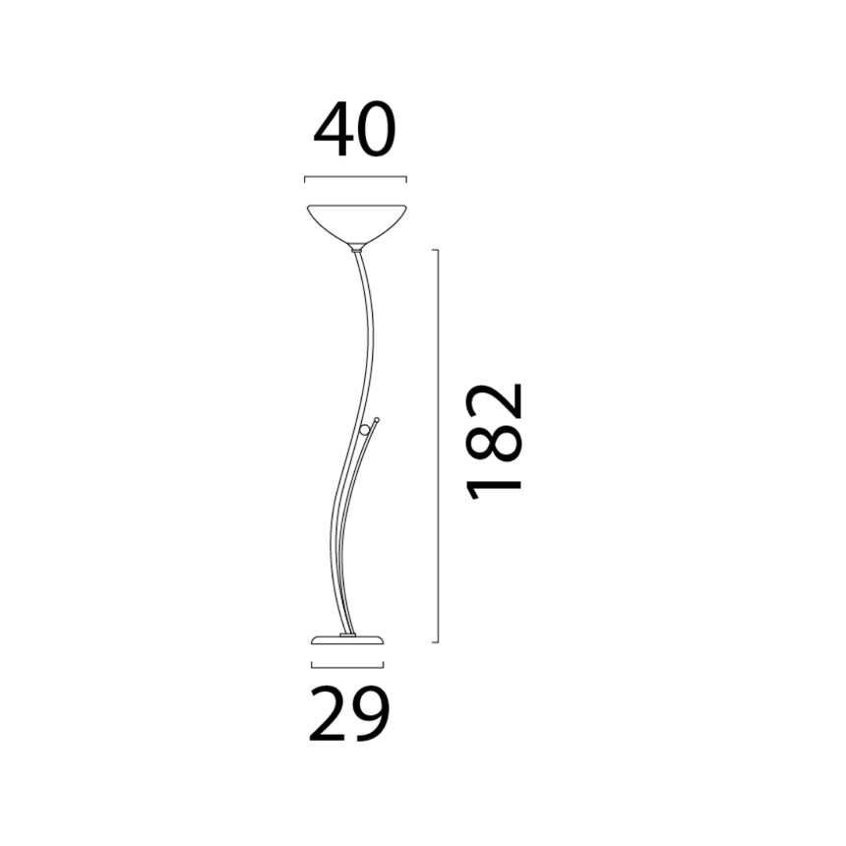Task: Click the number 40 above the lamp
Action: click(354, 130)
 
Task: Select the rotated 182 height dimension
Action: click(494, 442)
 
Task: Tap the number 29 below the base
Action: click(348, 713)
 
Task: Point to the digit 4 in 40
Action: click(332, 130)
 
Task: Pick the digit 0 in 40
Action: click(376, 130)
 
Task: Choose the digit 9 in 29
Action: click(370, 714)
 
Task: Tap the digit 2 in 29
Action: click(327, 713)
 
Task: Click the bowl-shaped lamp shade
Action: click(356, 225)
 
